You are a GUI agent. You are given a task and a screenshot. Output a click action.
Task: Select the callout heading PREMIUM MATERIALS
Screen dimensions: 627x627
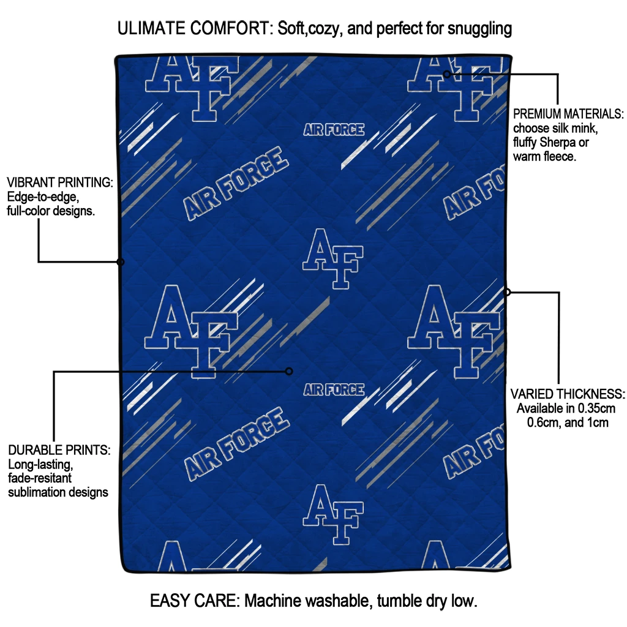click(x=568, y=114)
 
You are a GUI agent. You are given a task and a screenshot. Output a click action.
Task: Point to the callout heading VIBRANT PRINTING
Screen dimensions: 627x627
click(x=60, y=182)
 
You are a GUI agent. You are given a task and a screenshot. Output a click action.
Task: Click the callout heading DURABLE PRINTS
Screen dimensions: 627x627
click(x=59, y=450)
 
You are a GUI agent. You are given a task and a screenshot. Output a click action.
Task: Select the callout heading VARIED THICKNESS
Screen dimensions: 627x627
click(x=568, y=394)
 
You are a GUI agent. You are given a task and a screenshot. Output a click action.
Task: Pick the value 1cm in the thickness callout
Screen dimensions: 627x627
click(x=598, y=422)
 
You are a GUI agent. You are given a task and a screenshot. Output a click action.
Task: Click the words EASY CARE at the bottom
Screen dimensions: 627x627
click(x=195, y=601)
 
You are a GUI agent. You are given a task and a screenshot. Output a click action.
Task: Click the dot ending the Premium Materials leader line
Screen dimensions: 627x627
click(x=447, y=74)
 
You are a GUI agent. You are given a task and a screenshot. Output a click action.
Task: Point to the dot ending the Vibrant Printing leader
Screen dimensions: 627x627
click(x=121, y=262)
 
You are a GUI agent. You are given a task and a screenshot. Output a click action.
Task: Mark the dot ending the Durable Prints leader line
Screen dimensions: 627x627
click(x=289, y=372)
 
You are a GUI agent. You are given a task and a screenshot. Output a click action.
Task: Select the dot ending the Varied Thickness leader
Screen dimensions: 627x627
click(x=506, y=292)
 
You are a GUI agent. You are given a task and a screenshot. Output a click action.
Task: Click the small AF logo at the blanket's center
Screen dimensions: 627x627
click(x=332, y=259)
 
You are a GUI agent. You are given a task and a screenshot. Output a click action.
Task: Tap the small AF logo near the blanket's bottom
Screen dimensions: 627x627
click(x=332, y=514)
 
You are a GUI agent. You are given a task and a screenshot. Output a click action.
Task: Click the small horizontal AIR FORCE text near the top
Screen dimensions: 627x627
click(x=334, y=130)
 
